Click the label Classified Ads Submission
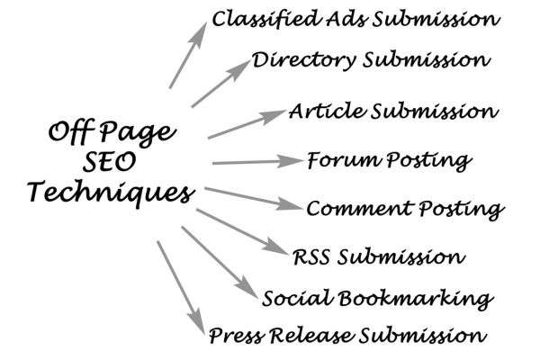tap(355, 19)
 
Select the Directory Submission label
tap(371, 60)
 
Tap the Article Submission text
tap(393, 111)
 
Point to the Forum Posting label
tap(389, 160)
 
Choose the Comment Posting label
tap(405, 209)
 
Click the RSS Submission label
tap(379, 257)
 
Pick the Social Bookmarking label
tap(377, 299)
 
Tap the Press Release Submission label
tap(347, 335)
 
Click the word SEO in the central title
tap(109, 162)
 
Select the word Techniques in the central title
tap(111, 193)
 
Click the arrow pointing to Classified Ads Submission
tap(188, 56)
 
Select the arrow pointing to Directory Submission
tap(221, 84)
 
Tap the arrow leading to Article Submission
tap(247, 124)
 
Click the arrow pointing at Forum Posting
tap(257, 162)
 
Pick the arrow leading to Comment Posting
tap(254, 199)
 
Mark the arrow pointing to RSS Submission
tap(242, 231)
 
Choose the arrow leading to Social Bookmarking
tap(220, 262)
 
